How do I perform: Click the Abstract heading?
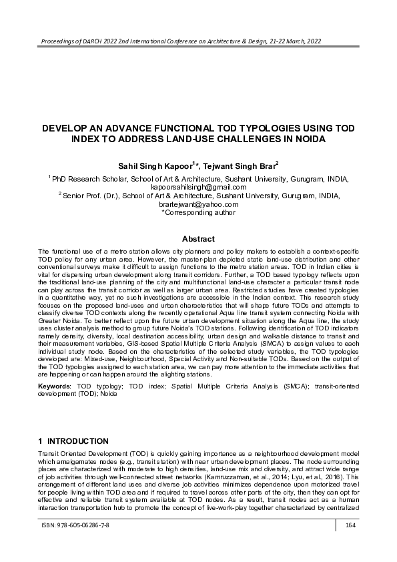pyautogui.click(x=198, y=239)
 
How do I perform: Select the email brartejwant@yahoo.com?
pyautogui.click(x=198, y=205)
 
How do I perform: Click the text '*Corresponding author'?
pyautogui.click(x=198, y=213)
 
